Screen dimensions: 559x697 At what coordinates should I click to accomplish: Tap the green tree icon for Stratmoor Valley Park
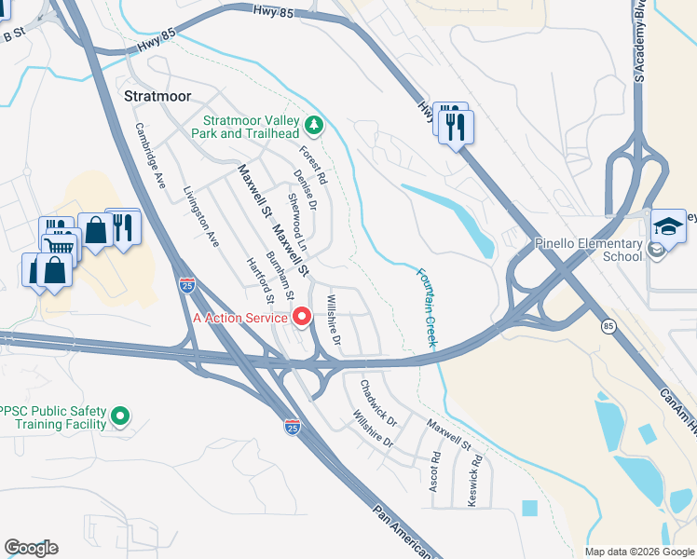[315, 123]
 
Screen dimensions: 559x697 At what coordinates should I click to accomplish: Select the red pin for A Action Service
[302, 318]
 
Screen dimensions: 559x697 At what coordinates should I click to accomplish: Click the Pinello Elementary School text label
[589, 250]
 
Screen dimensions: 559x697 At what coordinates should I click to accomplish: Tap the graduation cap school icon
[667, 226]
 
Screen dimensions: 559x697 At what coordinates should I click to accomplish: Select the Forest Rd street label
[313, 163]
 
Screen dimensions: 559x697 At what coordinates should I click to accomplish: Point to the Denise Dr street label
[305, 190]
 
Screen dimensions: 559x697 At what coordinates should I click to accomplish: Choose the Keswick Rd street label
[476, 472]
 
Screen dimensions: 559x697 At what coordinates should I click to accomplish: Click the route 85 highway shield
[608, 326]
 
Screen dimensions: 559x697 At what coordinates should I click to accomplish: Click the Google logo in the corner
[31, 548]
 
